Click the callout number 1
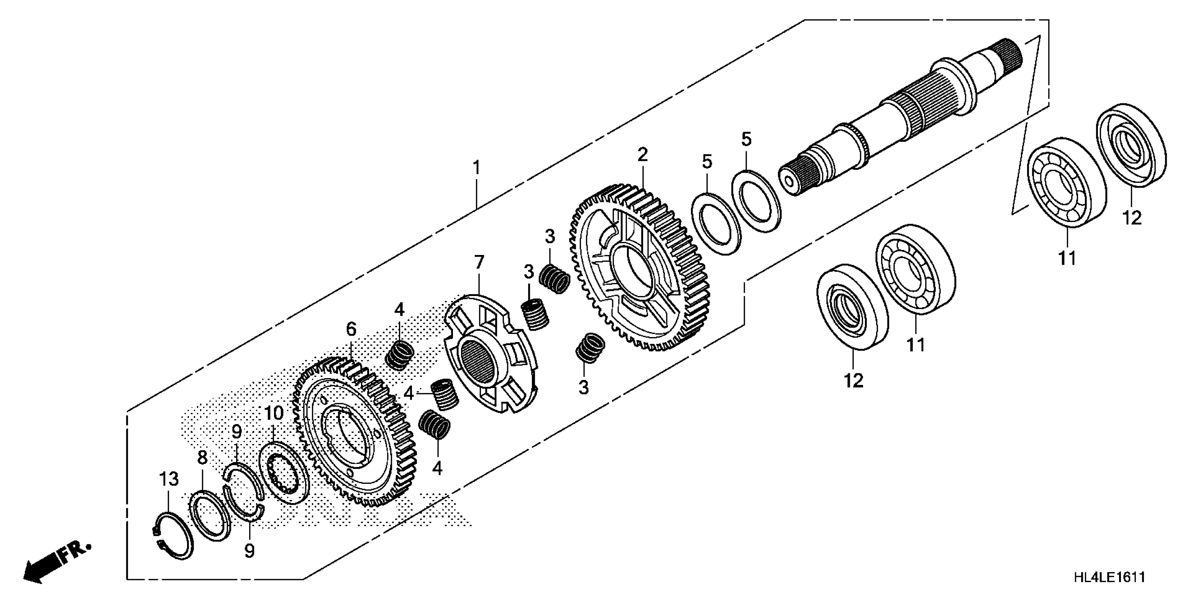[476, 168]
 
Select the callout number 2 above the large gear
[642, 155]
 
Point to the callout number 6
[351, 329]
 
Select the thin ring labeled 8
[211, 516]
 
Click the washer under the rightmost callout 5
[756, 201]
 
